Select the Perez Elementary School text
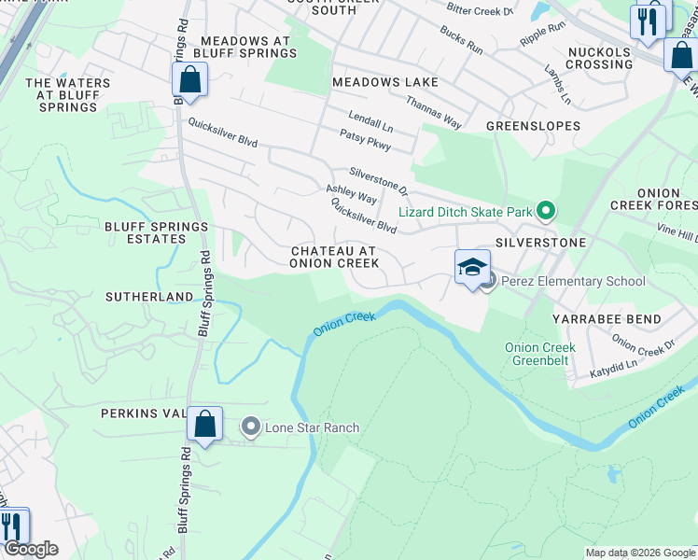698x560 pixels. tap(573, 281)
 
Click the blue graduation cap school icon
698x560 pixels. tap(472, 267)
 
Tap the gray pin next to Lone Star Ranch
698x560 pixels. tap(250, 427)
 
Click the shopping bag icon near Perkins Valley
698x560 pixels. tap(204, 424)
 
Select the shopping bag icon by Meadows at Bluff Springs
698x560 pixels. tap(189, 80)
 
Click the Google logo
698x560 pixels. tap(31, 549)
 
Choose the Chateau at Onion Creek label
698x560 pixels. tap(334, 258)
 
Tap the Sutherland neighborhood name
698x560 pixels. tap(149, 297)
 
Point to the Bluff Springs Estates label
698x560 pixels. tap(156, 232)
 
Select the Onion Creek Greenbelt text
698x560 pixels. tap(540, 354)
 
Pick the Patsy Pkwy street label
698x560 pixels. tap(365, 141)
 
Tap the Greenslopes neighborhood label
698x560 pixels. tap(533, 125)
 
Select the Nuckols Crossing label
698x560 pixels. tap(599, 58)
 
